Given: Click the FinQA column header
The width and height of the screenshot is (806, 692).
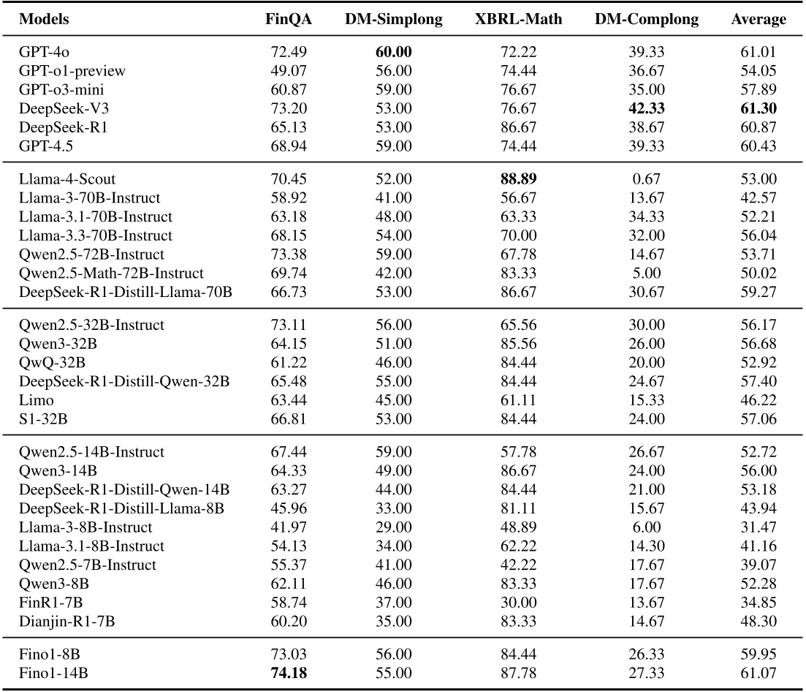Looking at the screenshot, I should (288, 20).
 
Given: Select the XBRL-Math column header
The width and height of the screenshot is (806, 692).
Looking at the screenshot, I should (518, 20).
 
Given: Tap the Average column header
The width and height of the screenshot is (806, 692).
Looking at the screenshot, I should (759, 20).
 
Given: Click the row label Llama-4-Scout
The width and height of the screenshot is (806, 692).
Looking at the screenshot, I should (67, 179).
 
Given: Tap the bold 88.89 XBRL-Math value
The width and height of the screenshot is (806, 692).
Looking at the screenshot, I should (518, 179).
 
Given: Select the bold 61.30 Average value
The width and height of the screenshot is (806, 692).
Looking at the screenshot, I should (759, 108).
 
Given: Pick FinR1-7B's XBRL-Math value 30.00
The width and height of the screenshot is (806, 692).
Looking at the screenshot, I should (518, 603).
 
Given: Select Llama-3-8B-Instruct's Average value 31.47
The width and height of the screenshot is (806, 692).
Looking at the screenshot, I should (759, 527).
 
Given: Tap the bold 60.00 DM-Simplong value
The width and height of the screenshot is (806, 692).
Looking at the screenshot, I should (394, 53).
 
